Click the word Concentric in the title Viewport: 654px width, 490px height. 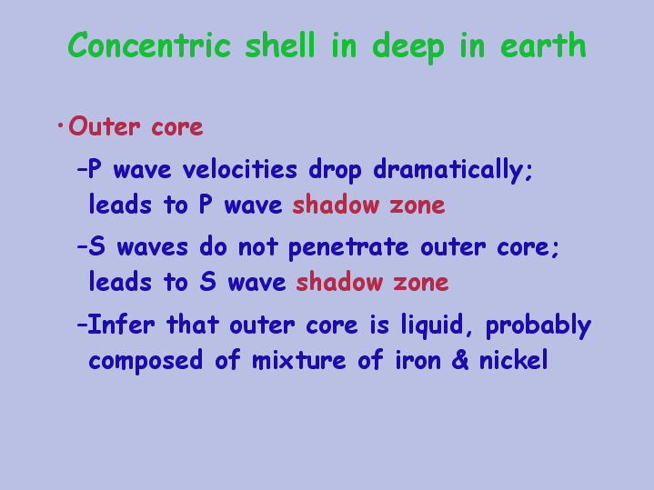(149, 45)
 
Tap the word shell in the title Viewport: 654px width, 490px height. (279, 45)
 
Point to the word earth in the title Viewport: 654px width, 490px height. (543, 45)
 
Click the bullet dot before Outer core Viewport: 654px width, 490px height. (60, 125)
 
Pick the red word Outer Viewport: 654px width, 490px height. (105, 126)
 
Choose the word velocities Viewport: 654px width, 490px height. (240, 169)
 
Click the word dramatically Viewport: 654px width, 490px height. (453, 171)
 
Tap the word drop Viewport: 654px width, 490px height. (335, 171)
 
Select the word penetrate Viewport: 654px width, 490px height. (348, 247)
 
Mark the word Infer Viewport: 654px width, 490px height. (121, 324)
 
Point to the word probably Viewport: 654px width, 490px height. (538, 325)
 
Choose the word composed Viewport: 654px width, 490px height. (146, 361)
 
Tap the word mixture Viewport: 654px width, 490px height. (298, 360)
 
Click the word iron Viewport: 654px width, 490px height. (418, 360)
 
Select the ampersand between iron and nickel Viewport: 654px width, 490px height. (460, 360)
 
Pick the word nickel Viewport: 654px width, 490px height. (513, 360)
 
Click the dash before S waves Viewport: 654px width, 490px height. (82, 246)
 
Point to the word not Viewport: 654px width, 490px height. (257, 247)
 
